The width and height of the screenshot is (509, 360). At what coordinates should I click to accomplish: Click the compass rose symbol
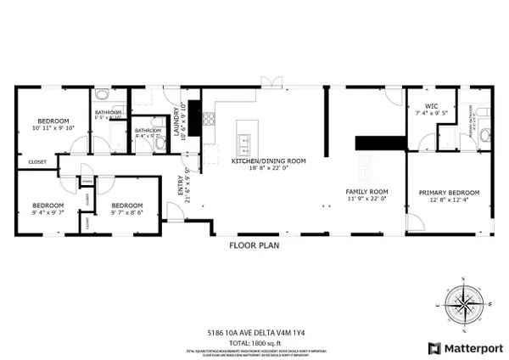(462, 304)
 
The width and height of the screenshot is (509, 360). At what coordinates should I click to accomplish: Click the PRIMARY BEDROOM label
(449, 193)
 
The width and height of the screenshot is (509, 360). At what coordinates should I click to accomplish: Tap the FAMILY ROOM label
(366, 192)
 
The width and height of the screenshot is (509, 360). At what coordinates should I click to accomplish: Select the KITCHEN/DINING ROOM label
(269, 160)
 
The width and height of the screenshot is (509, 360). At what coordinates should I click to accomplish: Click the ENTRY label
(181, 190)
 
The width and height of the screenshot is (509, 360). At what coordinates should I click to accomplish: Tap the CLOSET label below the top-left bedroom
(37, 161)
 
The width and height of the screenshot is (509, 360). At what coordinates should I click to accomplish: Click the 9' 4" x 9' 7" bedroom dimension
(48, 212)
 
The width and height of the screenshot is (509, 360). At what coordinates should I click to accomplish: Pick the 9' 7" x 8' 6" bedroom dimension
(126, 212)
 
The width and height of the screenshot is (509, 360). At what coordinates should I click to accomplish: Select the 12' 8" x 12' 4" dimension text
(449, 200)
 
